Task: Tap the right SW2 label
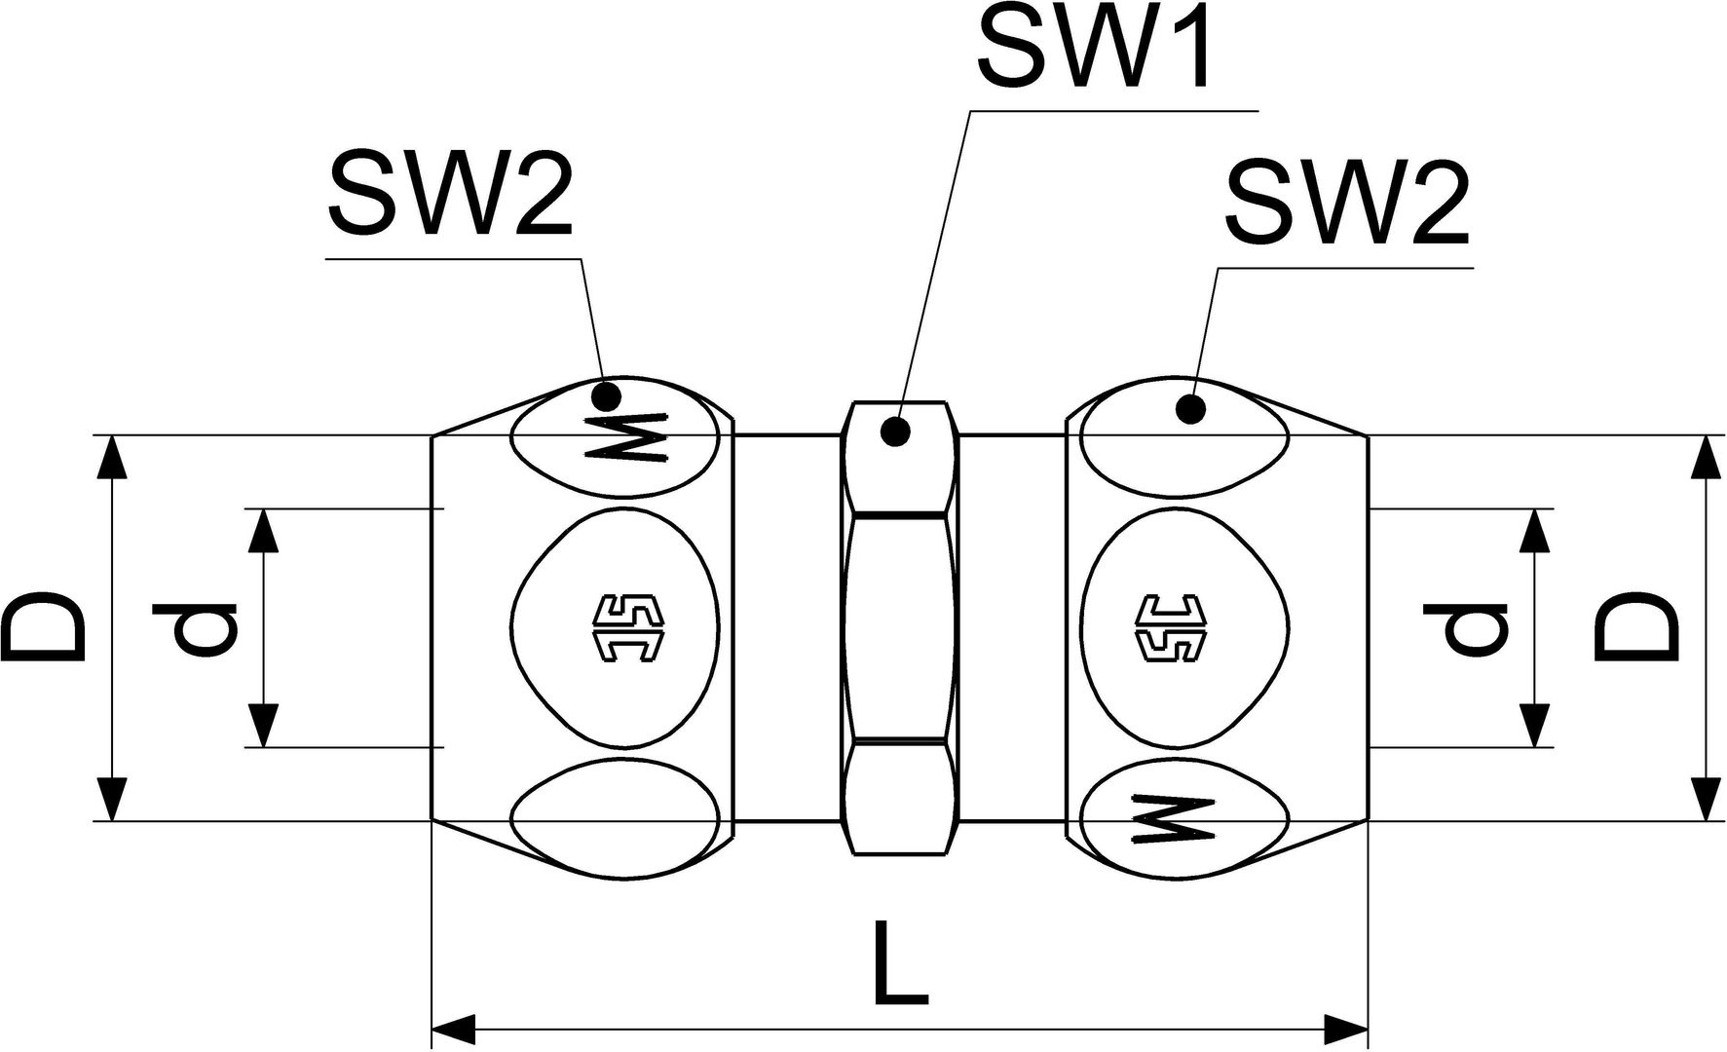coord(1347,205)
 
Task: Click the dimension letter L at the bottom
coord(899,963)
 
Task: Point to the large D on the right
coord(1636,628)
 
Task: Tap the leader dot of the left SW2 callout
coord(607,395)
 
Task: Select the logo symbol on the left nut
coord(627,628)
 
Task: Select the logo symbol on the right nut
coord(1172,628)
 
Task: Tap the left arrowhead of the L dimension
coord(452,1028)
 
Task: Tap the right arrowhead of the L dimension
coord(1348,1028)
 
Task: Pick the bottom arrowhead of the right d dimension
coord(1536,727)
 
